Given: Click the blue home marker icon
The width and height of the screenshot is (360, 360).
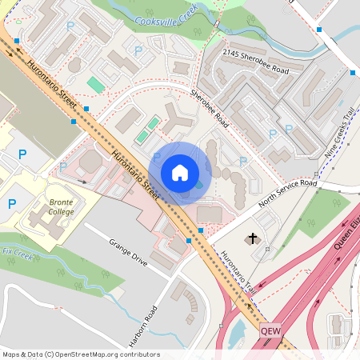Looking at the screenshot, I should (x=180, y=173).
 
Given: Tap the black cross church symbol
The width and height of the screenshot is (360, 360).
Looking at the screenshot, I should (x=254, y=238).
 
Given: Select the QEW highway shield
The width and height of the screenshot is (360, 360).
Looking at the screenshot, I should (x=270, y=329).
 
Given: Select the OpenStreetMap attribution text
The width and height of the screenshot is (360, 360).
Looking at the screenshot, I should (x=81, y=354).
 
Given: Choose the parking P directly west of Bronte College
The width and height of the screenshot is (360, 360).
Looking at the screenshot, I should (x=12, y=204).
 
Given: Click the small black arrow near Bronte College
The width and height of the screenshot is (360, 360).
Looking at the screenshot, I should (x=84, y=183).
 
